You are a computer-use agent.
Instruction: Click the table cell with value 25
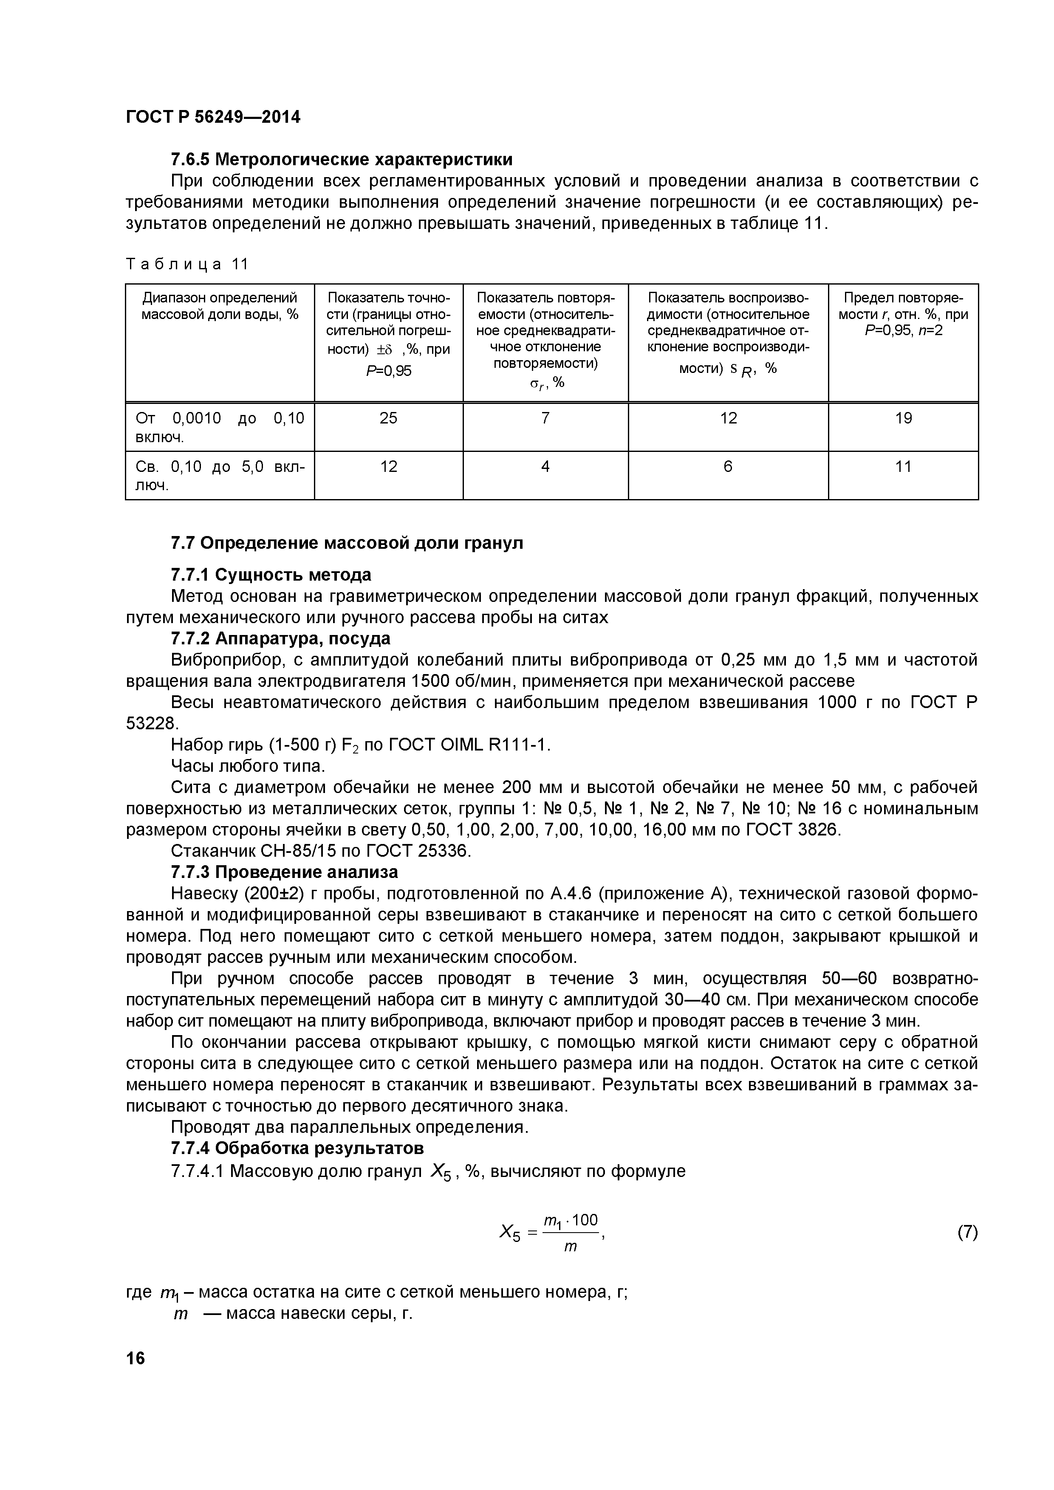[x=388, y=418]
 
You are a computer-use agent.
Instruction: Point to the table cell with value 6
[x=728, y=467]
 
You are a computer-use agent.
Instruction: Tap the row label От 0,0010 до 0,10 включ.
[x=219, y=427]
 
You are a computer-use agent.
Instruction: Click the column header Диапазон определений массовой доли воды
[x=219, y=306]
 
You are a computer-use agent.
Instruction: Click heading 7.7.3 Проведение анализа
[x=284, y=872]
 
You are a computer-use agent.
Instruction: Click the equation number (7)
[x=967, y=1232]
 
